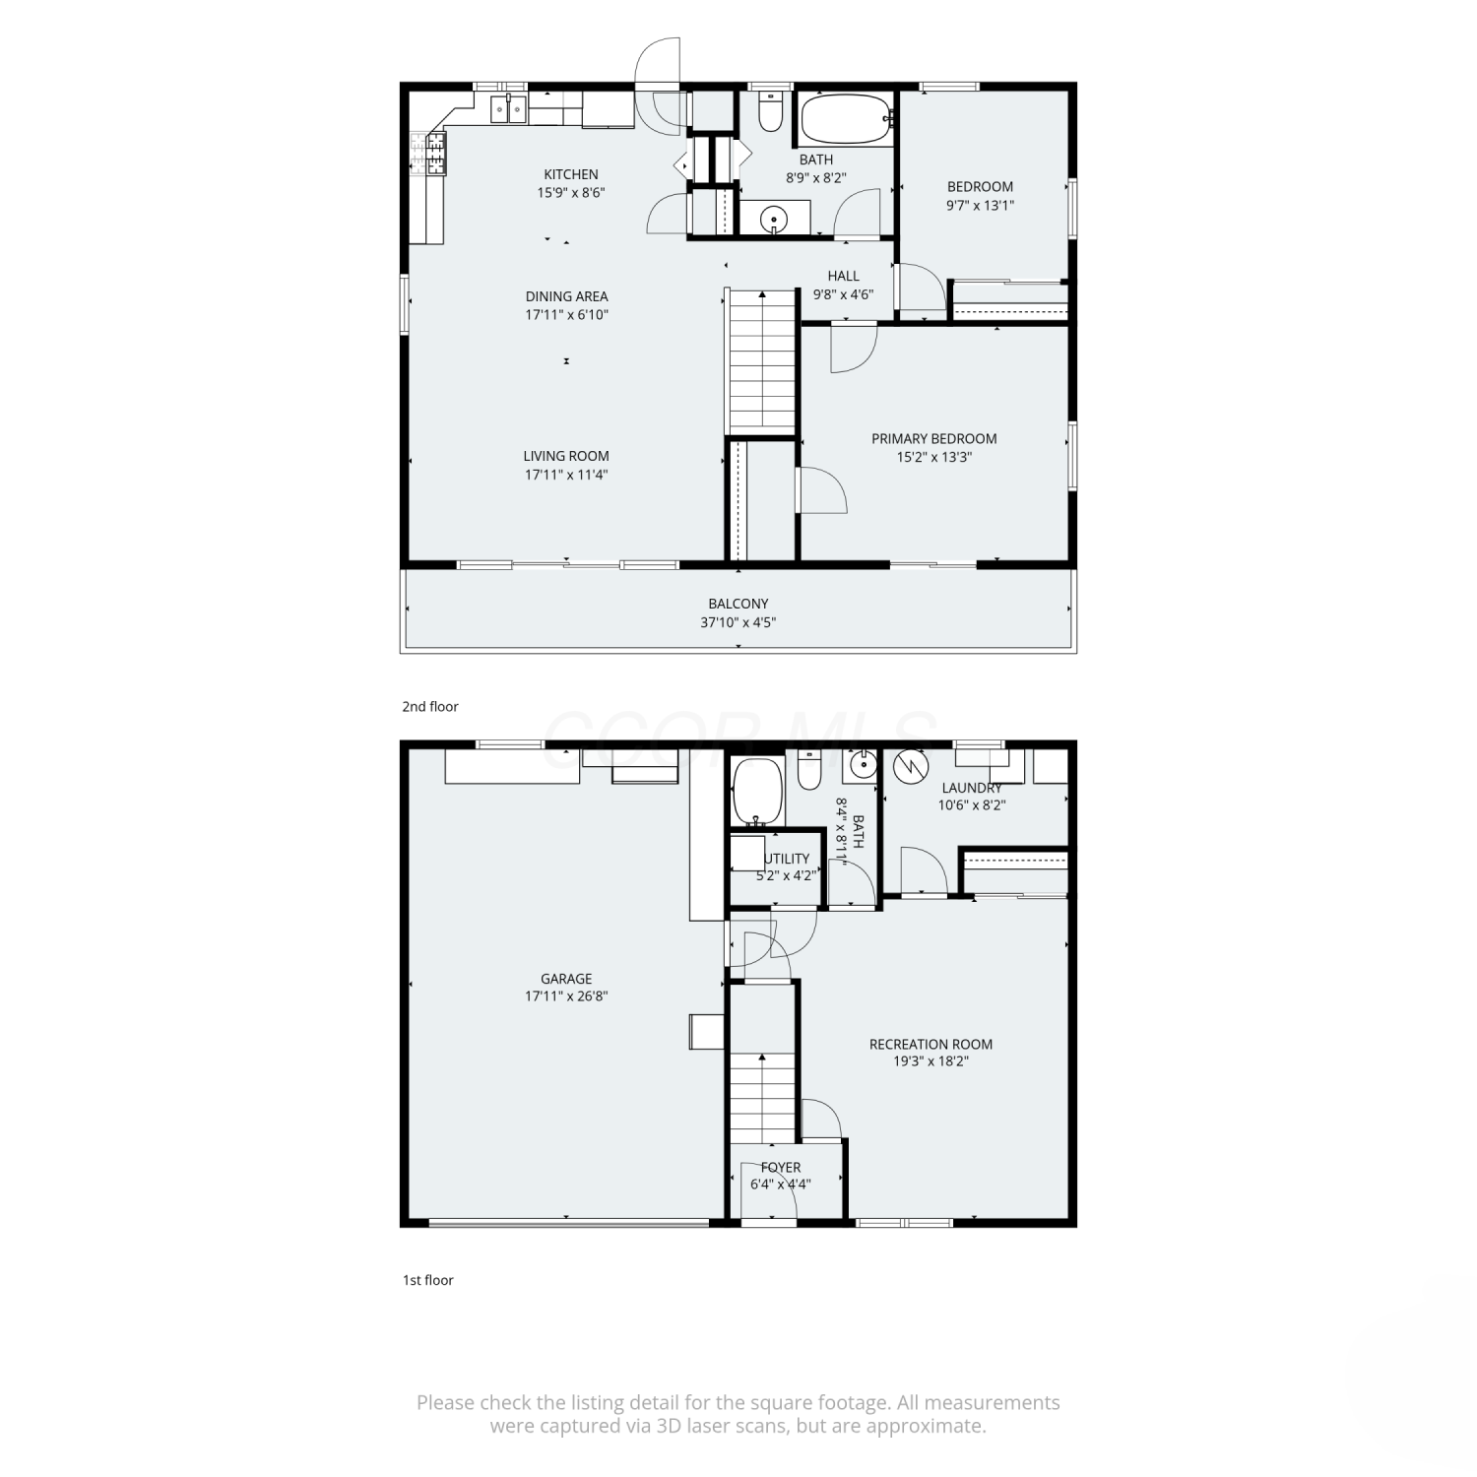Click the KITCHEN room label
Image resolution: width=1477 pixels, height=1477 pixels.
pyautogui.click(x=571, y=174)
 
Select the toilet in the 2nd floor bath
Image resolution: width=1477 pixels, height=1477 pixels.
pyautogui.click(x=770, y=111)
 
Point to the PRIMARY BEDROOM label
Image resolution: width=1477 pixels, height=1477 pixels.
pyautogui.click(x=933, y=438)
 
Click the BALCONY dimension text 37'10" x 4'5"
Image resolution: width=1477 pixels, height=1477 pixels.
pyautogui.click(x=738, y=622)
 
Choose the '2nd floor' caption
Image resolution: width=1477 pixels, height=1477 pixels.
pyautogui.click(x=430, y=706)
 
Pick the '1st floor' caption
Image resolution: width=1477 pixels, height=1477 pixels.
pyautogui.click(x=427, y=1280)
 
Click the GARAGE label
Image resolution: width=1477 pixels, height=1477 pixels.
pyautogui.click(x=566, y=979)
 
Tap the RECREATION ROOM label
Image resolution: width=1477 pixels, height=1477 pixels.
pyautogui.click(x=931, y=1044)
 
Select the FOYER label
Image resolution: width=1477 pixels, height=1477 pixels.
pyautogui.click(x=781, y=1167)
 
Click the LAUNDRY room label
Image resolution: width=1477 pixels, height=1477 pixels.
pyautogui.click(x=972, y=788)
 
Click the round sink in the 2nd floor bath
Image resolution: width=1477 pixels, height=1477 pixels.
pyautogui.click(x=775, y=218)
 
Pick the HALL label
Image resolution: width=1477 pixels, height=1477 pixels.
pyautogui.click(x=844, y=276)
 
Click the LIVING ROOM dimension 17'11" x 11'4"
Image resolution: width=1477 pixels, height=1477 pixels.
pyautogui.click(x=566, y=475)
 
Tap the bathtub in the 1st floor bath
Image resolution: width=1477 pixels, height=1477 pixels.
pyautogui.click(x=757, y=792)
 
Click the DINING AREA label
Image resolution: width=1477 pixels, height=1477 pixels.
pyautogui.click(x=566, y=296)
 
